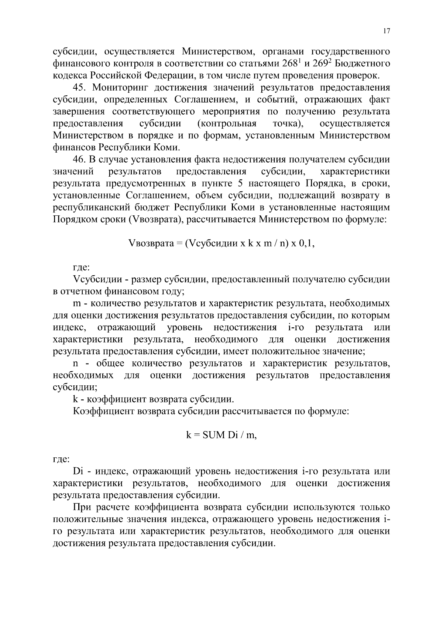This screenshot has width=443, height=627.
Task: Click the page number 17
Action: click(x=387, y=31)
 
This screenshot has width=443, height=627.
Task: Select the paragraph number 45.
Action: click(x=79, y=88)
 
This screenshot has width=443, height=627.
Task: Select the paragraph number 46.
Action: click(x=79, y=160)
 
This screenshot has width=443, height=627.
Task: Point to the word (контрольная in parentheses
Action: click(x=227, y=124)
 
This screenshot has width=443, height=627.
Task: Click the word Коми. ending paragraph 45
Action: click(x=168, y=148)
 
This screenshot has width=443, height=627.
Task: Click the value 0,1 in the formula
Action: click(x=307, y=243)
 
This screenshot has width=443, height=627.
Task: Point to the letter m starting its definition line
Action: click(x=77, y=304)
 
